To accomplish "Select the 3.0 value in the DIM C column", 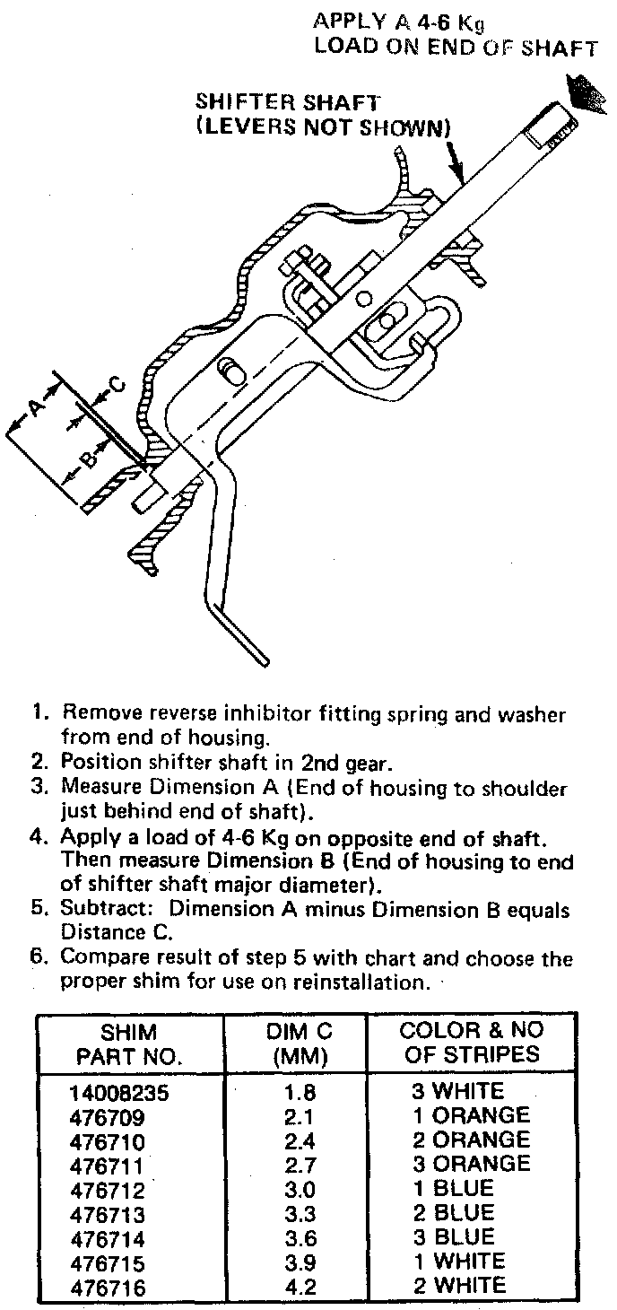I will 295,1189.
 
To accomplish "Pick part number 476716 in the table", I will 107,1287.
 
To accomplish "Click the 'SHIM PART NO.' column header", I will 129,1042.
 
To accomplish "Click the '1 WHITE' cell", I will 459,1262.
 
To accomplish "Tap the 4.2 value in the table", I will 295,1287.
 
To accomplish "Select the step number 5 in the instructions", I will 39,910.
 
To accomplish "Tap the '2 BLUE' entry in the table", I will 454,1213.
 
